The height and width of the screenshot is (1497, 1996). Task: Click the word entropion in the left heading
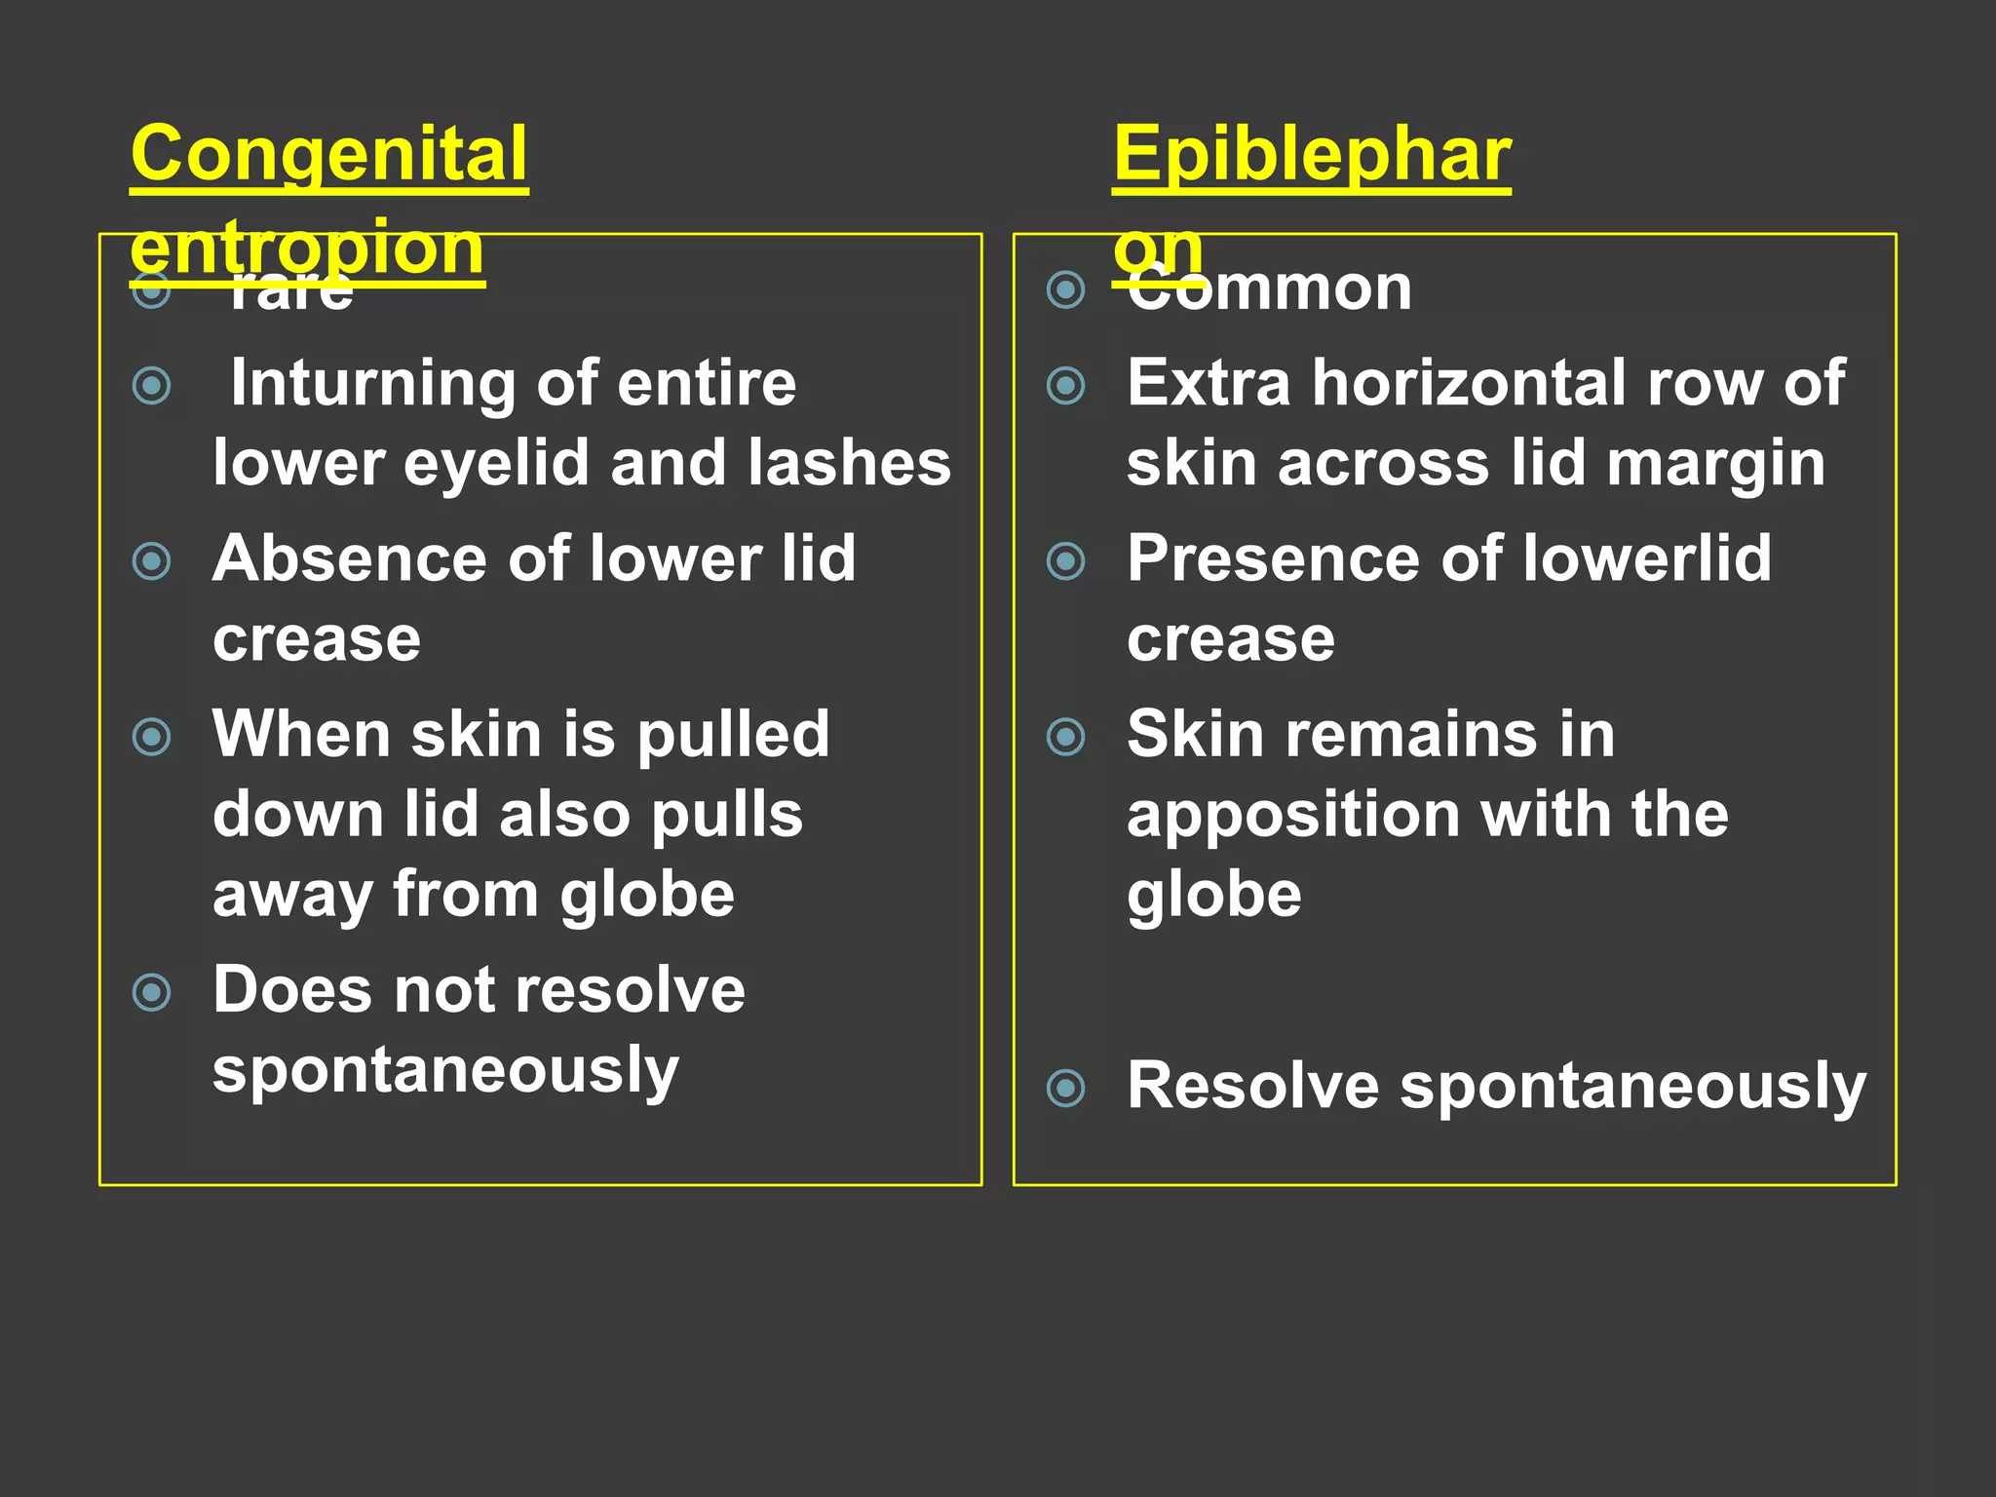(307, 249)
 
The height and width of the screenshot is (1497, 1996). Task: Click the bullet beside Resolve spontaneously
(1065, 1088)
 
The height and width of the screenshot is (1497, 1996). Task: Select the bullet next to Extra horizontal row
(1065, 386)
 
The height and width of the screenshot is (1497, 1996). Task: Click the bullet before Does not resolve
(151, 993)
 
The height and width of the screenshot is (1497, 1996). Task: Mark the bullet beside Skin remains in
(1065, 737)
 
